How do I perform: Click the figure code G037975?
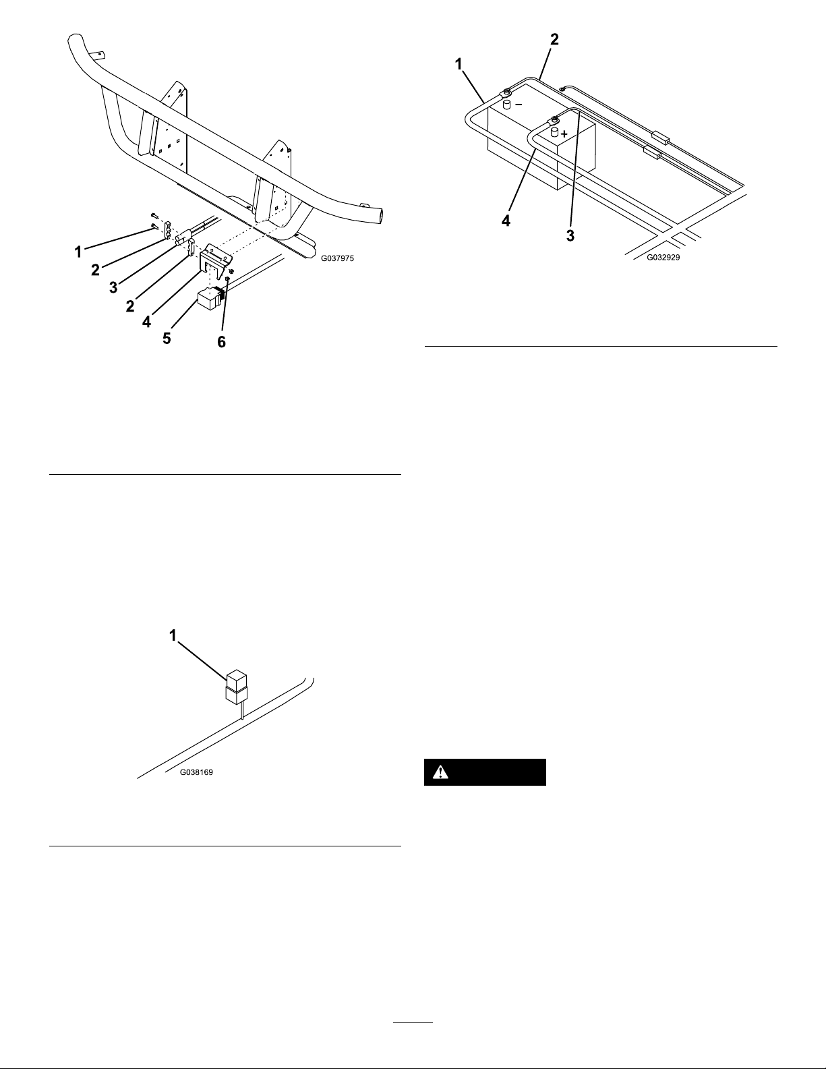point(337,258)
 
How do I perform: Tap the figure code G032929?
point(663,257)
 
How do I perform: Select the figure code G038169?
point(196,772)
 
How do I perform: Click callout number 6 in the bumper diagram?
point(222,342)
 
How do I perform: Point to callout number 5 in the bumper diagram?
point(167,339)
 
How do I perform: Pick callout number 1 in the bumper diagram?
point(78,252)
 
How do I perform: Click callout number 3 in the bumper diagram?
point(113,287)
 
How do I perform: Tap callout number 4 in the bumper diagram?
point(146,322)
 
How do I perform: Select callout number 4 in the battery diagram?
point(506,221)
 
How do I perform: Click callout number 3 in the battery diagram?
point(570,235)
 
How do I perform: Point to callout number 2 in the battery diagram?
point(554,40)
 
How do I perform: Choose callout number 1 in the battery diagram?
point(459,65)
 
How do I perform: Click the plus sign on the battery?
point(564,134)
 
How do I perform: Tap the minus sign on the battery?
point(519,105)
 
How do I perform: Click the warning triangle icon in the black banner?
point(440,772)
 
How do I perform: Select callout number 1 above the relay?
point(173,636)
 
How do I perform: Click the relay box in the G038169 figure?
point(236,687)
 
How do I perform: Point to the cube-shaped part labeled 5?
point(210,299)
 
